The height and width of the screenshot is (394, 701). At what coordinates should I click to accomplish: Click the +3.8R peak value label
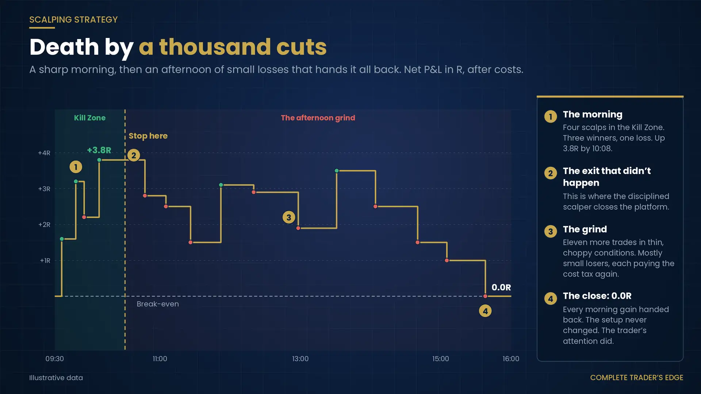coord(99,150)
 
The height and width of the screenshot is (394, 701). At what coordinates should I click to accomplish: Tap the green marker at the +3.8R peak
coord(99,160)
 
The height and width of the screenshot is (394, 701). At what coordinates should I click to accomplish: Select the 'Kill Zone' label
coord(90,118)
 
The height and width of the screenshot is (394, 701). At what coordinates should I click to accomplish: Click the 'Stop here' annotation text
coord(148,136)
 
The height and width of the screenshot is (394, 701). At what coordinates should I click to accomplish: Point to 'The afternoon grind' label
coord(318,118)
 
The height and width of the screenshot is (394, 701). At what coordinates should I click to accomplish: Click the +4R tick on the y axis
coord(44,153)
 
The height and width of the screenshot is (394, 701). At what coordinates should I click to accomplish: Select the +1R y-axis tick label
coord(45,260)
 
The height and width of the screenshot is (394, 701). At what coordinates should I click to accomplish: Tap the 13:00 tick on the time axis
coord(300,359)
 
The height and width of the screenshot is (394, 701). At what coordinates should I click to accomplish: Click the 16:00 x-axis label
coord(511,359)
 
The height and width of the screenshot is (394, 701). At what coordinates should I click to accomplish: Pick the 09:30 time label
coord(54,359)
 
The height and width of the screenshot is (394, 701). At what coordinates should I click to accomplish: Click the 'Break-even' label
coord(158,304)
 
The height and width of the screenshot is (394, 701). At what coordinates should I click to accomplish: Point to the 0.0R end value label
coord(501,287)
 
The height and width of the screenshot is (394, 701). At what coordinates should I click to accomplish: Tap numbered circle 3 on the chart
coord(289,217)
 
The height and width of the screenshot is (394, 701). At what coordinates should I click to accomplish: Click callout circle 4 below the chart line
coord(485,311)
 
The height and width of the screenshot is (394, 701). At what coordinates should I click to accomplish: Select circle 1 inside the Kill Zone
coord(76,167)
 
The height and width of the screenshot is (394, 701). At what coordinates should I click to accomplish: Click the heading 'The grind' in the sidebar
coord(585,229)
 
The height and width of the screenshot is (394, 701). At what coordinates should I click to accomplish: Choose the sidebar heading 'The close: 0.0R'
coord(597,296)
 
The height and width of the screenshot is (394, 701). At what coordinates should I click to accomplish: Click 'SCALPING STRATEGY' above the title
coord(73,20)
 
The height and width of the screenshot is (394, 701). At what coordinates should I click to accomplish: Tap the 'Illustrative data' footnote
coord(56,378)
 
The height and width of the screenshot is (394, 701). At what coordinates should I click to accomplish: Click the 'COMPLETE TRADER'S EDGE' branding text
coord(637,378)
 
